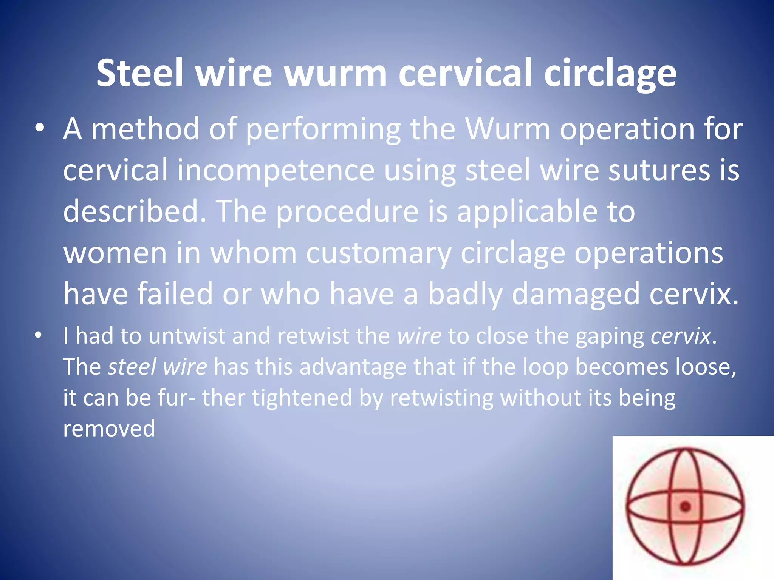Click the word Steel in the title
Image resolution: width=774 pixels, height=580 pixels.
pos(140,73)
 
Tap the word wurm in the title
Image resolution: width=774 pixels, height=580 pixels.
pos(335,73)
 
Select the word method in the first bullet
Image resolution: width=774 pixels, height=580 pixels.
pos(146,129)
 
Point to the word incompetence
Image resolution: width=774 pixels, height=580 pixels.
pos(276,171)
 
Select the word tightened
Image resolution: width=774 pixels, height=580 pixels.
pos(302,398)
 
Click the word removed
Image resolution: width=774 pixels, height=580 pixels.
pos(109,429)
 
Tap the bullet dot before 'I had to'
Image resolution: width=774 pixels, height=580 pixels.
pos(38,335)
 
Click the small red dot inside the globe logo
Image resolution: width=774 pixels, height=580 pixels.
pos(685,507)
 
